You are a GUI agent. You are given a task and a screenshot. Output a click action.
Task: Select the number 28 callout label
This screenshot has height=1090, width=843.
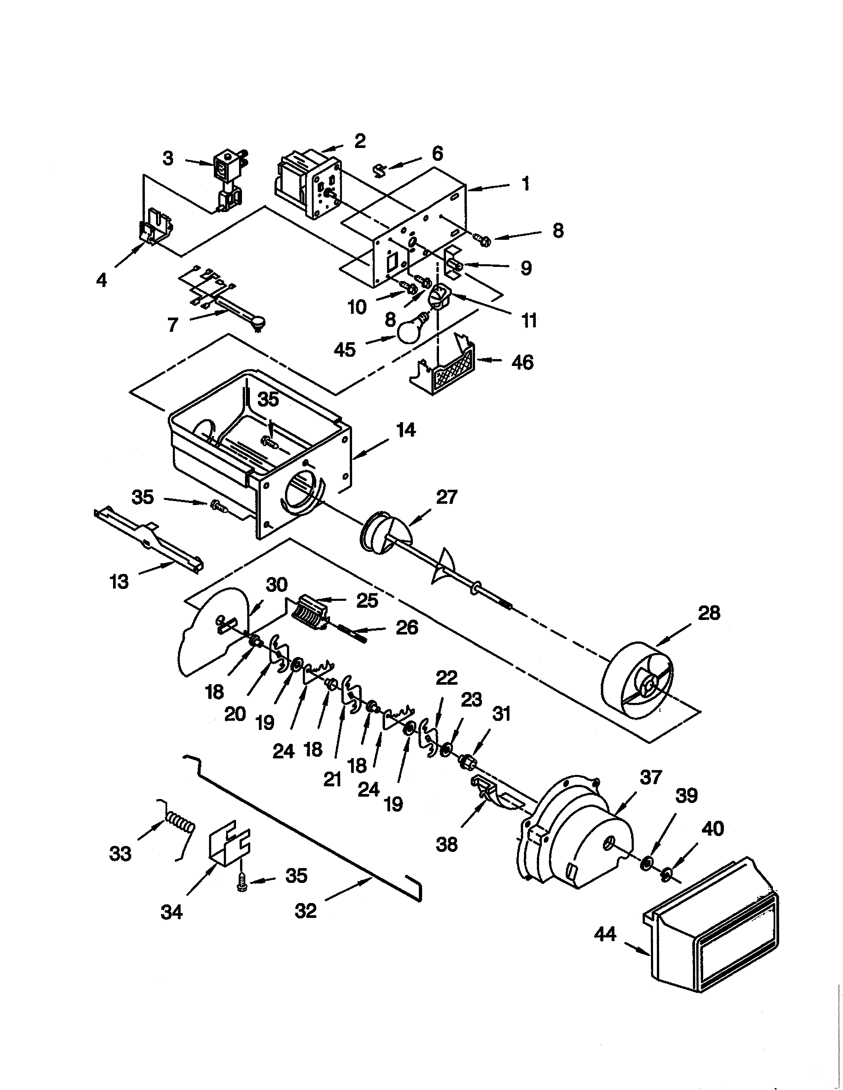pyautogui.click(x=709, y=613)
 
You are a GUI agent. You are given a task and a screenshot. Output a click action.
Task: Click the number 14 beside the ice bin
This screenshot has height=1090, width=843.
pyautogui.click(x=406, y=430)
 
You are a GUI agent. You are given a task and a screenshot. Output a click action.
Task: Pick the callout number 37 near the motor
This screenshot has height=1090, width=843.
pyautogui.click(x=650, y=777)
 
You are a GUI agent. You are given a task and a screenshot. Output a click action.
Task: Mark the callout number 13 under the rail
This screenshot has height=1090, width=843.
pyautogui.click(x=119, y=582)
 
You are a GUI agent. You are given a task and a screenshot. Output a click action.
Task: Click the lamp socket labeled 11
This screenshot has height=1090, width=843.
pyautogui.click(x=439, y=296)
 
